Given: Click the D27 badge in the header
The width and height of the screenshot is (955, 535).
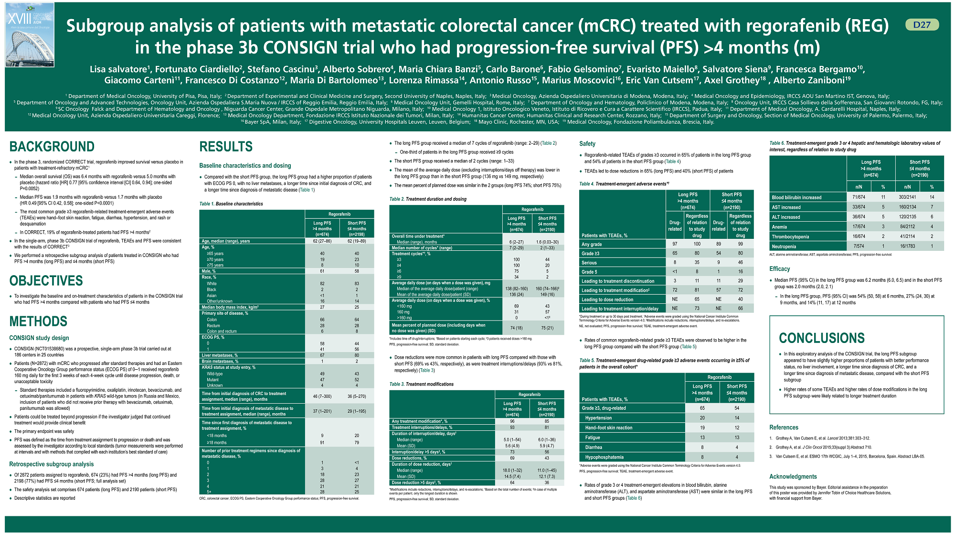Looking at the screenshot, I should click(x=922, y=25).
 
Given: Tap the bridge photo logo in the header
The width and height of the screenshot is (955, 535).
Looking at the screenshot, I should click(x=30, y=35).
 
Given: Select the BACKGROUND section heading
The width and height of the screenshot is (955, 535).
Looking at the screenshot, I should click(x=52, y=147).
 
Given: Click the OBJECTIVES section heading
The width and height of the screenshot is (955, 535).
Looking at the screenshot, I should click(x=46, y=281).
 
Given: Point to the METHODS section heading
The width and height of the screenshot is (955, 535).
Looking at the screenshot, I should click(x=38, y=321).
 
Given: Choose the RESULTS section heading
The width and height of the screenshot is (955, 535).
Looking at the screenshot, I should click(x=226, y=147).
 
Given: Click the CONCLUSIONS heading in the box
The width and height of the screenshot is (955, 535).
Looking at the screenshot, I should click(x=821, y=338).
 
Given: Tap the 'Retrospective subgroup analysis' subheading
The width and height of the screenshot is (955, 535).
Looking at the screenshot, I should click(x=52, y=464).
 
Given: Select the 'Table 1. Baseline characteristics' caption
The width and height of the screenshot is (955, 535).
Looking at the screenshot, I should click(x=231, y=204).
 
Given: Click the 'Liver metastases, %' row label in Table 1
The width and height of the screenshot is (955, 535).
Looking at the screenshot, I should click(x=220, y=355).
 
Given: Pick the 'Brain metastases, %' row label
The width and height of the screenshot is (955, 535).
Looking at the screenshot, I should click(x=220, y=361).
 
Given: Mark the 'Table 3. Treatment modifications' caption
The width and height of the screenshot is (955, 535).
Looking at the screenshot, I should click(x=421, y=384).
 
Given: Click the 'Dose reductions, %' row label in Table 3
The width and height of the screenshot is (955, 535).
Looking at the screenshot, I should click(x=409, y=458).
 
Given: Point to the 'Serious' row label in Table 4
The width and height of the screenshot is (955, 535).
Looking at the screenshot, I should click(x=589, y=263).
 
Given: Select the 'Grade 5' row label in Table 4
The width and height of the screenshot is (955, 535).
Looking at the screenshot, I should click(x=589, y=272).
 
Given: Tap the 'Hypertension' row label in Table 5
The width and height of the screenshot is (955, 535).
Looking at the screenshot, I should click(x=598, y=418).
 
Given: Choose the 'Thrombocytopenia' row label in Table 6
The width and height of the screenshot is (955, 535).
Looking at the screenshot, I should click(x=790, y=237).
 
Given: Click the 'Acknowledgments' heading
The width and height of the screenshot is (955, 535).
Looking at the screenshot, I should click(x=793, y=477).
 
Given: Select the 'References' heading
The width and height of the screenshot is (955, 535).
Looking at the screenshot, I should click(x=784, y=428).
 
